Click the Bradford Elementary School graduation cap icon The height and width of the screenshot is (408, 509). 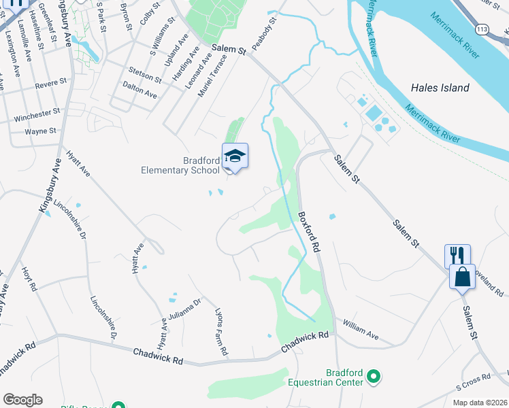pyautogui.click(x=235, y=156)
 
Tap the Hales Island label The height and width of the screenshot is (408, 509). pyautogui.click(x=440, y=88)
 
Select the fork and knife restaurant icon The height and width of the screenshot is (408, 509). pyautogui.click(x=457, y=256)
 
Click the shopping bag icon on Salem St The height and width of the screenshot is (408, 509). pyautogui.click(x=462, y=277)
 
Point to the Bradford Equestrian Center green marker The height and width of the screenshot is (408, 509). pyautogui.click(x=373, y=375)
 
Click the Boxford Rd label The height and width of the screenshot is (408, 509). pyautogui.click(x=308, y=232)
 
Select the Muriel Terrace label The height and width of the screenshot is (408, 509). pyautogui.click(x=211, y=75)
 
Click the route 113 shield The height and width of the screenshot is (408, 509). pyautogui.click(x=482, y=30)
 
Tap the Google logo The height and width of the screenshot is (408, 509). pyautogui.click(x=22, y=400)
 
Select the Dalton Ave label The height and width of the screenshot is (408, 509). pyautogui.click(x=140, y=90)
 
